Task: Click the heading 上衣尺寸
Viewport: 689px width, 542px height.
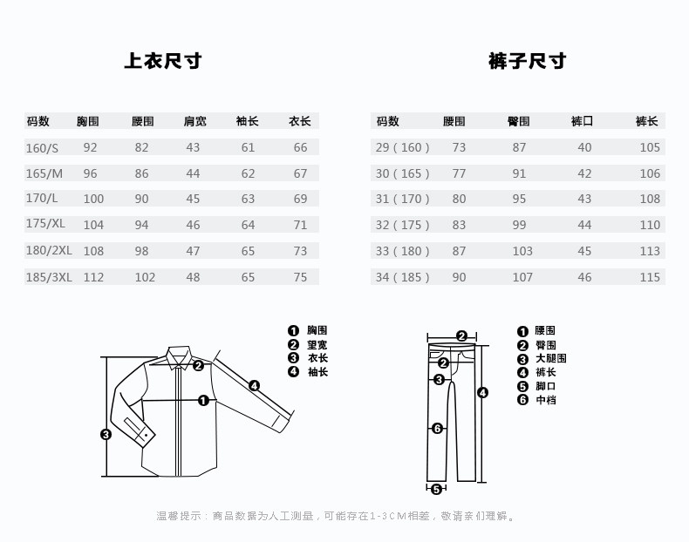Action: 163,60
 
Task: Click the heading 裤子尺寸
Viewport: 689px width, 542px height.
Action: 527,60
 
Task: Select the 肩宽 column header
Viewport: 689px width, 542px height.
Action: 194,121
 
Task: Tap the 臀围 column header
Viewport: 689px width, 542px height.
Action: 518,121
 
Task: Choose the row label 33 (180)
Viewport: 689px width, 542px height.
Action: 402,251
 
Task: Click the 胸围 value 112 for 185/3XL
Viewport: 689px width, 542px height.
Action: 93,278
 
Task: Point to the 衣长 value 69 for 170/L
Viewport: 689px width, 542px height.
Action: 300,199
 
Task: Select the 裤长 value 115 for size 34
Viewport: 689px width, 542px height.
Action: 650,277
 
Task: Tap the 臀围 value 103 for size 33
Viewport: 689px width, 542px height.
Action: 522,251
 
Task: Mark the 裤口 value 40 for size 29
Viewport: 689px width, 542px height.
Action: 584,147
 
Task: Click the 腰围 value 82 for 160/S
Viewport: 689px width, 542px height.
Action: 141,147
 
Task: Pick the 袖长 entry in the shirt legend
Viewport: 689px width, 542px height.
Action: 317,372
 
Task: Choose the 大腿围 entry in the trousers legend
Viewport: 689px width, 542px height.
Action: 550,358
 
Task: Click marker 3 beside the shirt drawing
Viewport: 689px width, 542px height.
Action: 106,434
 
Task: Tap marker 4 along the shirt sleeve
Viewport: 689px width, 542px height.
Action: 254,385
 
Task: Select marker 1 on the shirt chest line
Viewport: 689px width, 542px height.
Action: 202,401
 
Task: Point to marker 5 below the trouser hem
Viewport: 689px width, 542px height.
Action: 437,489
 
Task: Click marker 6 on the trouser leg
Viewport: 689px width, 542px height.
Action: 437,428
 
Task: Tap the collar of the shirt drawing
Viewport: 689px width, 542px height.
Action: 179,356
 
